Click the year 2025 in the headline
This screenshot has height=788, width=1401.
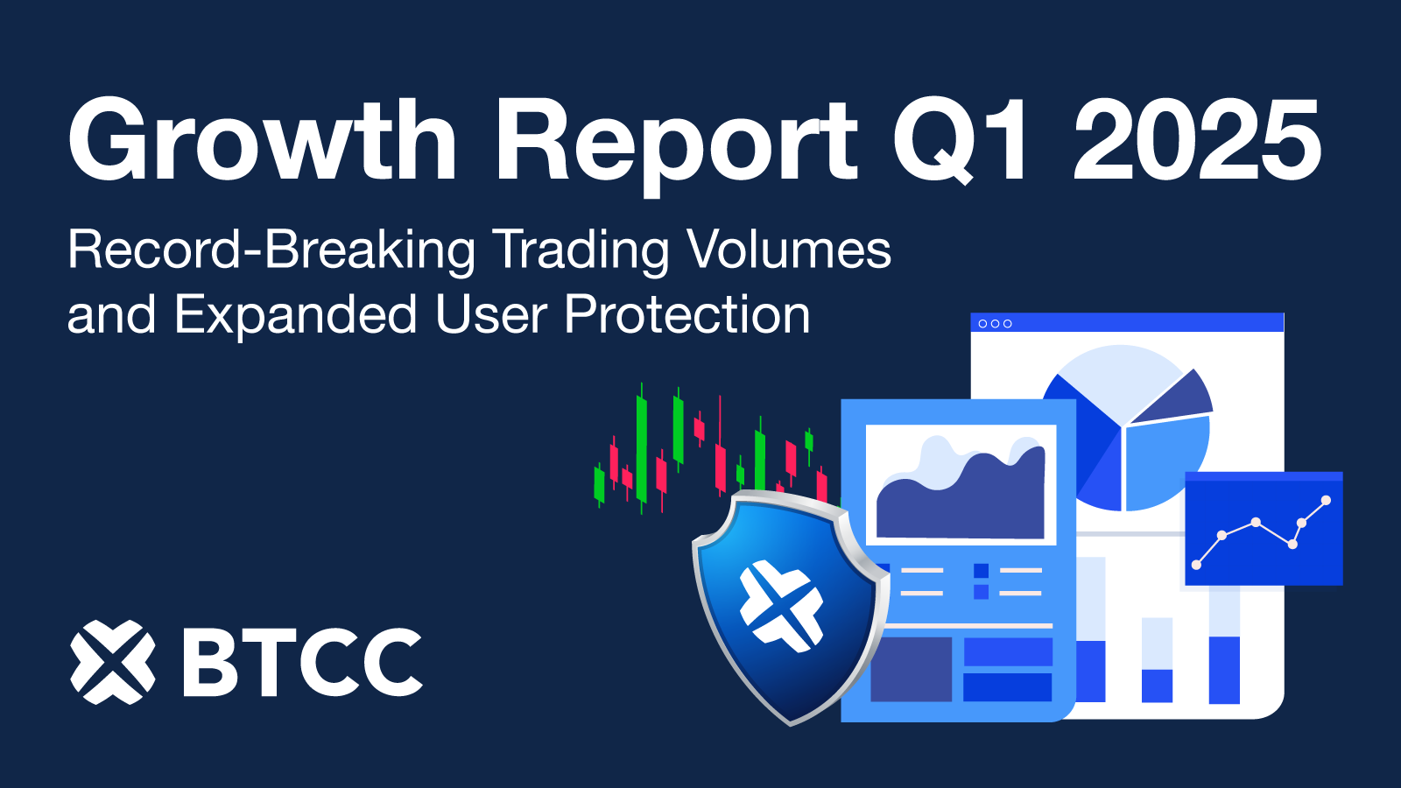tap(1197, 140)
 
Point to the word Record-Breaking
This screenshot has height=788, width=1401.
tap(271, 251)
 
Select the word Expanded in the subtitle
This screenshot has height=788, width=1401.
tap(296, 316)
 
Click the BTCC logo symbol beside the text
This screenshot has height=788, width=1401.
tap(113, 662)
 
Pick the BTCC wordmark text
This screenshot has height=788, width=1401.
tap(303, 663)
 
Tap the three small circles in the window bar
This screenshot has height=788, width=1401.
tap(995, 324)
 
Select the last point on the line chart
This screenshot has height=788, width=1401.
tap(1326, 501)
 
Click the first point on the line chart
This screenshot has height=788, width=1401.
tap(1196, 565)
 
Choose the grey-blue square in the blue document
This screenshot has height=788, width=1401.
tap(911, 668)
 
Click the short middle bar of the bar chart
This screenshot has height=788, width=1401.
tap(1157, 685)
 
